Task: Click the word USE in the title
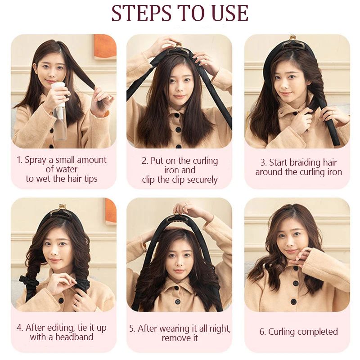[229, 13]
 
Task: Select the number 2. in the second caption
[145, 161]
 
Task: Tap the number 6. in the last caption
[262, 332]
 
